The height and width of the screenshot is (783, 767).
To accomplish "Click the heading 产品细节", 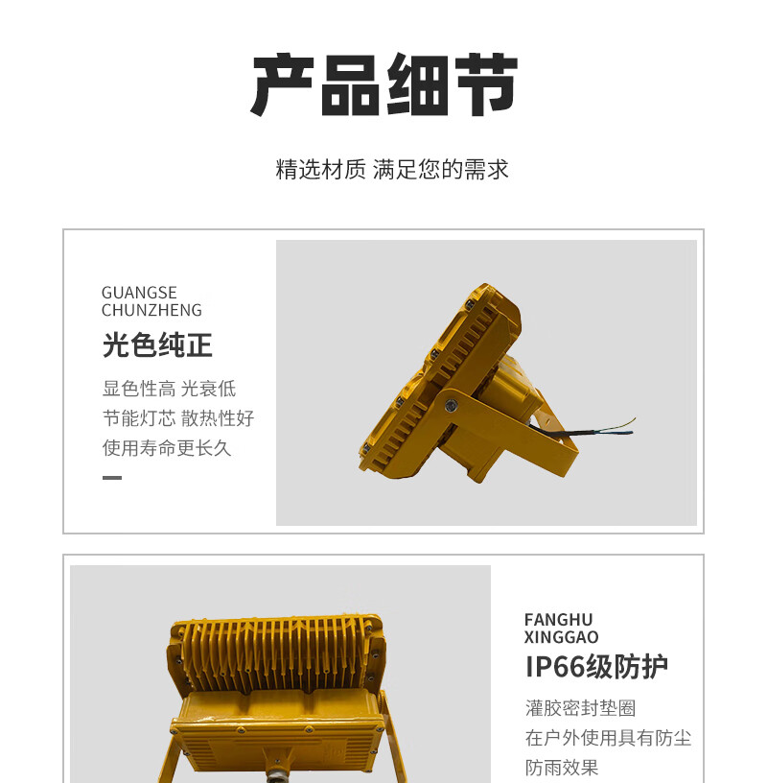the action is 384,84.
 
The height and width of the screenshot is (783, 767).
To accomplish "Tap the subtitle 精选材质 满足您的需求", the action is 392,169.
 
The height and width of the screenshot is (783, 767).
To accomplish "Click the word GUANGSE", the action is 139,293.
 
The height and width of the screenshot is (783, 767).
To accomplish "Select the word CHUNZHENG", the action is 151,310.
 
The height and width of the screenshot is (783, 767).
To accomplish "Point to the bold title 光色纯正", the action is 157,345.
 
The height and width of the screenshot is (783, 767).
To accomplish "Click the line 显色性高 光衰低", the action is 169,389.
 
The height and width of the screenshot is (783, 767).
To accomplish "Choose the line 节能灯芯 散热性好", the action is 178,418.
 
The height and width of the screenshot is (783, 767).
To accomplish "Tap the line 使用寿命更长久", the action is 167,448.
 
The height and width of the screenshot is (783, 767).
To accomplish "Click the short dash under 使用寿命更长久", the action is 112,478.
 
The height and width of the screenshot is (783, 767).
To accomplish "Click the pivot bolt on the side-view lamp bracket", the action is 450,405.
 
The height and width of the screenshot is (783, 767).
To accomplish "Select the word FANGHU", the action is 558,620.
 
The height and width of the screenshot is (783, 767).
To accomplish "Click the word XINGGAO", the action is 562,637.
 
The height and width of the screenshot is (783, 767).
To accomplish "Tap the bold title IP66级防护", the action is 597,667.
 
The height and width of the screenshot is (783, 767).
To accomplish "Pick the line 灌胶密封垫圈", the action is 580,708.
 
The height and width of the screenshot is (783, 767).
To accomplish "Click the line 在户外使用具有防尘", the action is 608,738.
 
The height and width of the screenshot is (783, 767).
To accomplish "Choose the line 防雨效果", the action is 562,768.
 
